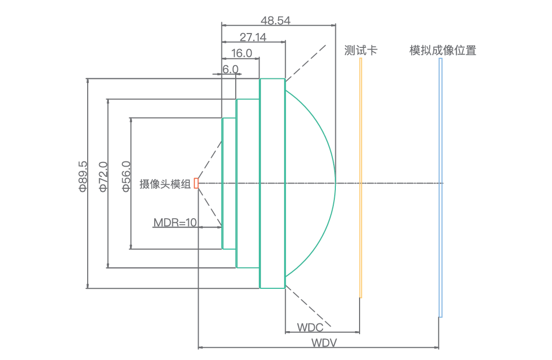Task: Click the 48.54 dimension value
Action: pos(275,21)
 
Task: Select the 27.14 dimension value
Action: pos(253,37)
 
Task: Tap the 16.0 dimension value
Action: pos(241,53)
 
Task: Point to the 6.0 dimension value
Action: pos(230,69)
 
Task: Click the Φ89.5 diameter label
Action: pos(83,177)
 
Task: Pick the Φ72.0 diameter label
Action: pos(103,177)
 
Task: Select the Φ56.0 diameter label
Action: pos(126,177)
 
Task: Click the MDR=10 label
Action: pos(175,223)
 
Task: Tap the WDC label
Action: pos(310,328)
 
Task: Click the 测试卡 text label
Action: pos(361,50)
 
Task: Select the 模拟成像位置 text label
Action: pos(443,50)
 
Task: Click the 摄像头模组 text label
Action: pos(165,184)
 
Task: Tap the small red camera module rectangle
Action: pos(196,183)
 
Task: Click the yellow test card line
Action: pos(361,177)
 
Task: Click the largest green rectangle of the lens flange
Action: pos(272,183)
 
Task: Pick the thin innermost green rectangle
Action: pos(223,183)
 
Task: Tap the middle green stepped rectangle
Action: pos(248,183)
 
